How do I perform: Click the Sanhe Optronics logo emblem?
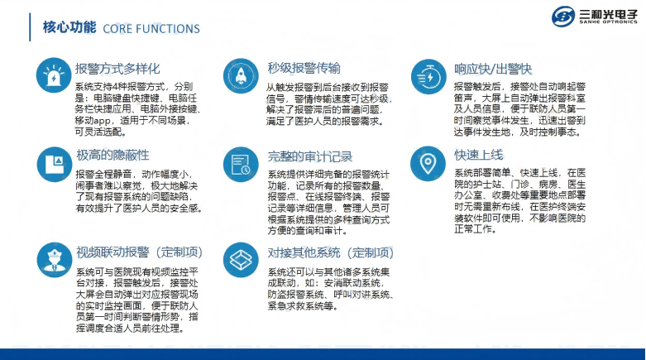(563, 17)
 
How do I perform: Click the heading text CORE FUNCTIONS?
(151, 29)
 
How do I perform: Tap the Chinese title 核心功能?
(69, 27)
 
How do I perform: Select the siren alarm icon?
(54, 75)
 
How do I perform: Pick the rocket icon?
(241, 76)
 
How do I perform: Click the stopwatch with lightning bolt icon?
(428, 77)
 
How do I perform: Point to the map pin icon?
(428, 164)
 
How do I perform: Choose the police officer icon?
(54, 260)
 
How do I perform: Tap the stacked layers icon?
(241, 260)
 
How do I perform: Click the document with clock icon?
(241, 164)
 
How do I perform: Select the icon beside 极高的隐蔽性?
(55, 164)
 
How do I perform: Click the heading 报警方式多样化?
(117, 69)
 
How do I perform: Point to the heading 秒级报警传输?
(304, 68)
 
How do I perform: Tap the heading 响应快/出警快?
(493, 69)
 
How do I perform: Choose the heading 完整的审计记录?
(310, 156)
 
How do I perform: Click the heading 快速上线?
(479, 155)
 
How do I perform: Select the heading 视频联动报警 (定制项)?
(139, 252)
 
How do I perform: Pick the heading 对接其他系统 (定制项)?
(330, 252)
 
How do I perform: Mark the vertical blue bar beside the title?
(30, 27)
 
